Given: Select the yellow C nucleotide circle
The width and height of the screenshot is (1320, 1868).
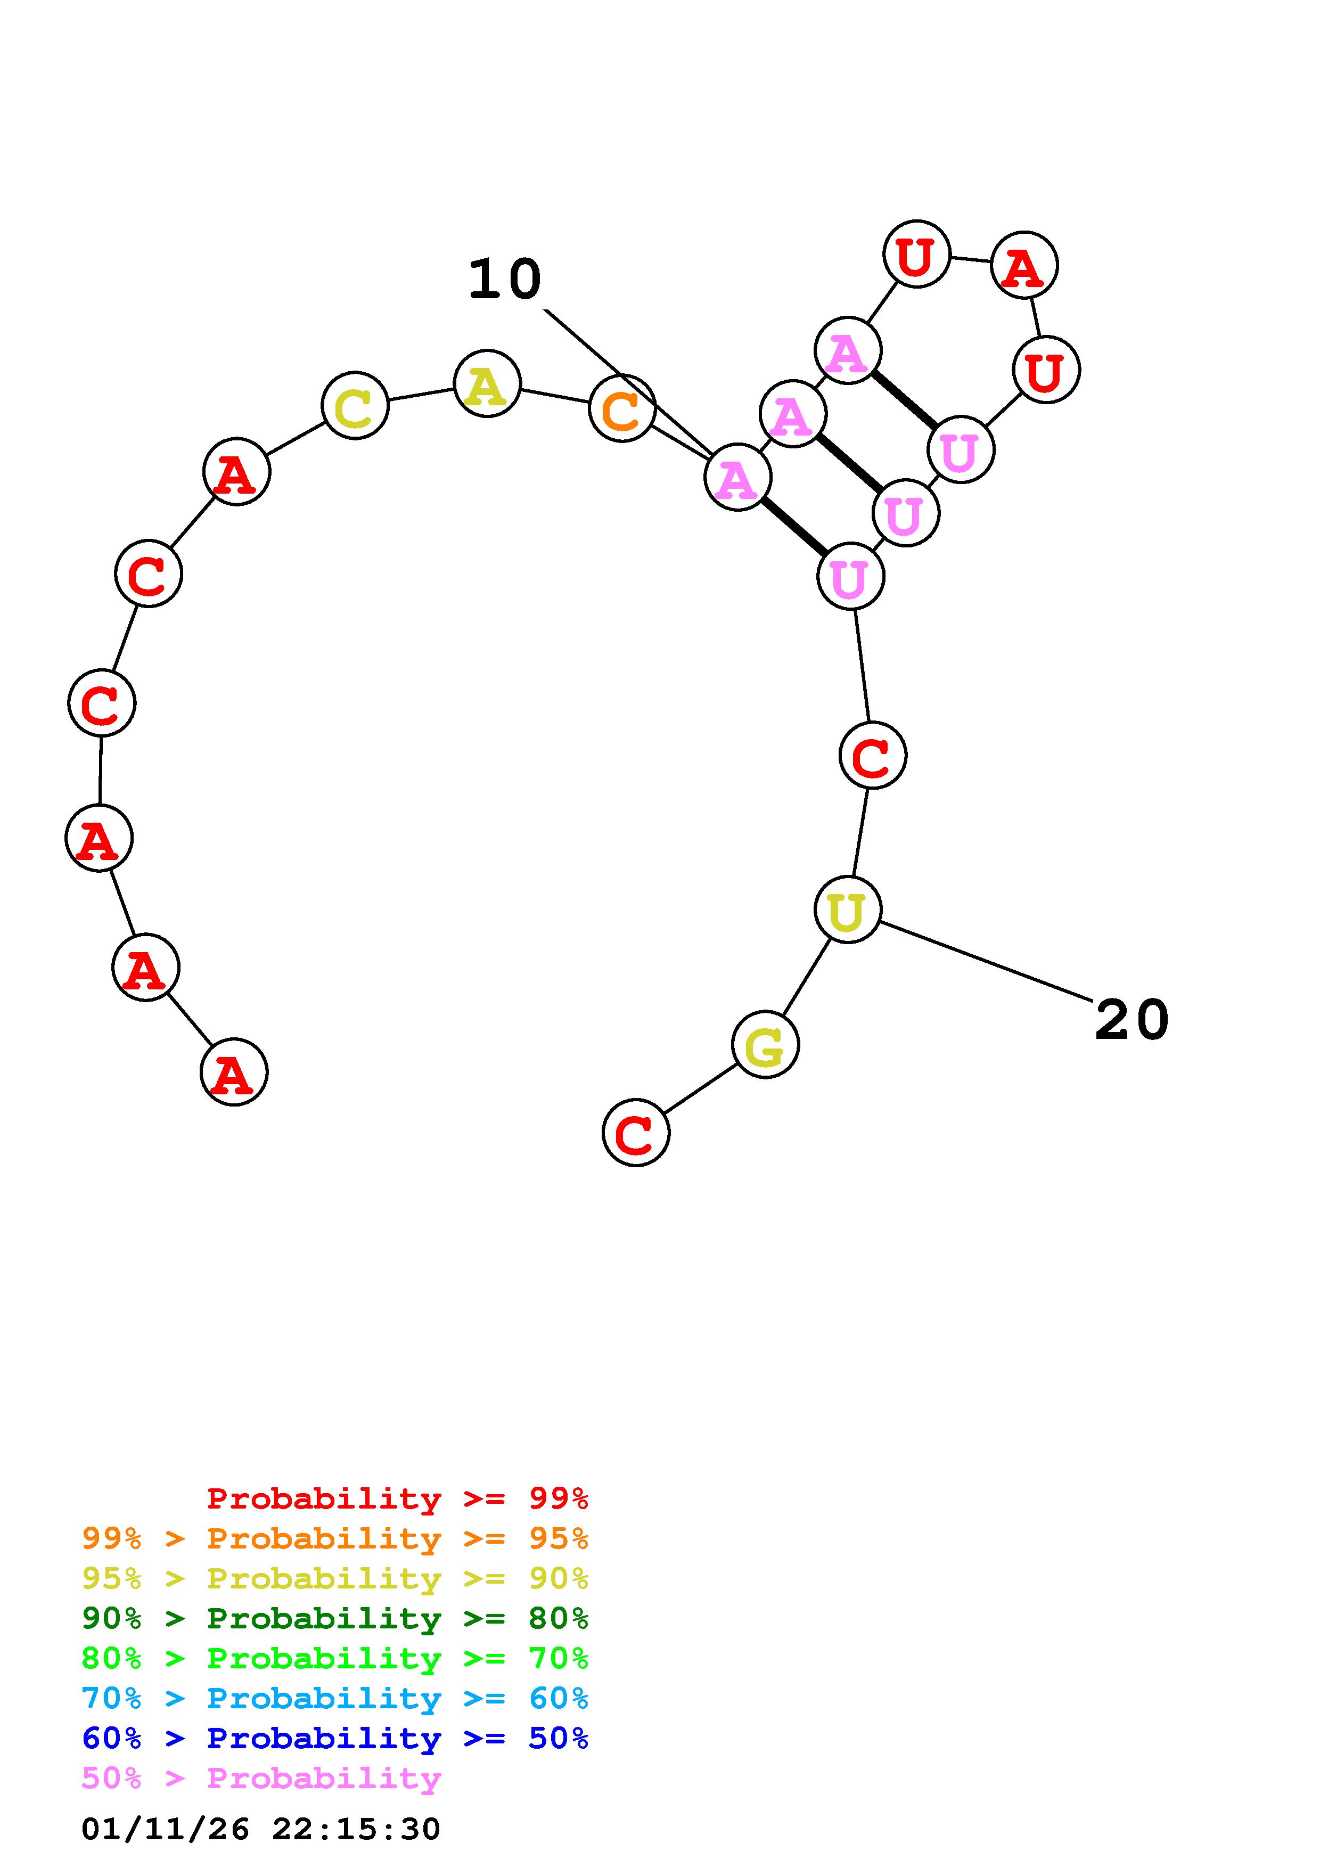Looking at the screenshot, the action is [355, 405].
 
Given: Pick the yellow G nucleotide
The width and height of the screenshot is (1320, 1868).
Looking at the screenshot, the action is [765, 1045].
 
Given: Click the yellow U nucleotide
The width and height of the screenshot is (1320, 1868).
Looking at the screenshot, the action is [848, 910].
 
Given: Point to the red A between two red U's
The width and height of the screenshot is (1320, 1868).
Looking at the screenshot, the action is [1024, 265].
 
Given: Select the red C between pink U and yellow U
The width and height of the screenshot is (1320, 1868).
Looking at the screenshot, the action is [872, 756].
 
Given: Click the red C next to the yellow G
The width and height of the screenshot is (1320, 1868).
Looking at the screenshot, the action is [635, 1133].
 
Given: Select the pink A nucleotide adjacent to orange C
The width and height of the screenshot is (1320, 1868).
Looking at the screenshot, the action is [737, 478].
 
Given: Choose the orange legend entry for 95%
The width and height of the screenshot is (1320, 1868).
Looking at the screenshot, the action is [335, 1538].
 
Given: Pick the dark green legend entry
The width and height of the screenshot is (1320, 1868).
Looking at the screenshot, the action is [335, 1618].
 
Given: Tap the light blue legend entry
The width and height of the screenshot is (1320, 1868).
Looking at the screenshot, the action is [335, 1698].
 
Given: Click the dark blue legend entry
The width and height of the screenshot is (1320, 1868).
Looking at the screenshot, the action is [335, 1738].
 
